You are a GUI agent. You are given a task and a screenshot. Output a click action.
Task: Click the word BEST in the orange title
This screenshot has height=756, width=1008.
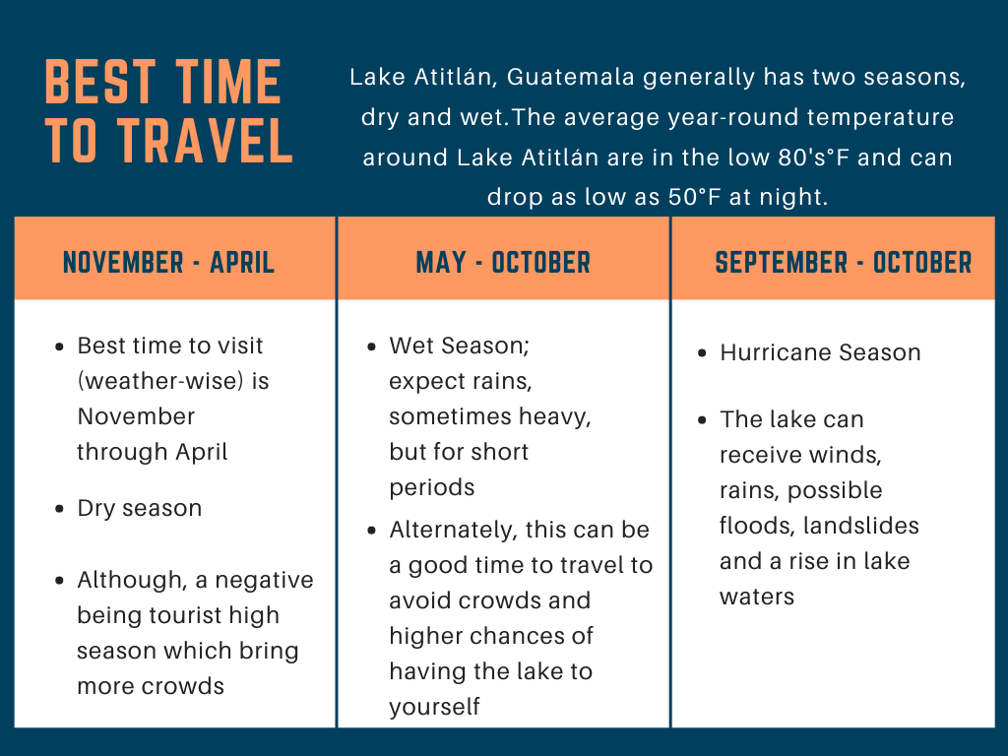tap(100, 82)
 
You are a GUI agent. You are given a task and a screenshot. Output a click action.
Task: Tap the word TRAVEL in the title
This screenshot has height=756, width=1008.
tap(205, 140)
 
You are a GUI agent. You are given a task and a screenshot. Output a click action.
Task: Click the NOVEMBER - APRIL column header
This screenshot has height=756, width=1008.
tap(169, 262)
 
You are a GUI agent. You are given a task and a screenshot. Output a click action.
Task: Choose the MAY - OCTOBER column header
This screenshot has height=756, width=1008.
tap(503, 262)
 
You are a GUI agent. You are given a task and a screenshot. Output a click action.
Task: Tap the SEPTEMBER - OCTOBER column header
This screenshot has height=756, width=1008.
tap(844, 262)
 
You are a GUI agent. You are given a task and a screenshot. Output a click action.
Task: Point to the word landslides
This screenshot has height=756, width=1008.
tap(861, 526)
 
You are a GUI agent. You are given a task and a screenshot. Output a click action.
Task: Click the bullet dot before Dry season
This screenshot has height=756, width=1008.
tap(60, 509)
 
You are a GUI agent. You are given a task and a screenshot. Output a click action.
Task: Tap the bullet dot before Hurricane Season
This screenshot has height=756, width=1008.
tap(702, 353)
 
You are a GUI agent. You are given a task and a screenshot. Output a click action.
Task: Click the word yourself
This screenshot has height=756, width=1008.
tap(434, 707)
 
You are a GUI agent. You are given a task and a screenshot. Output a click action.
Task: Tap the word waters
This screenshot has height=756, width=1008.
tap(757, 598)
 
